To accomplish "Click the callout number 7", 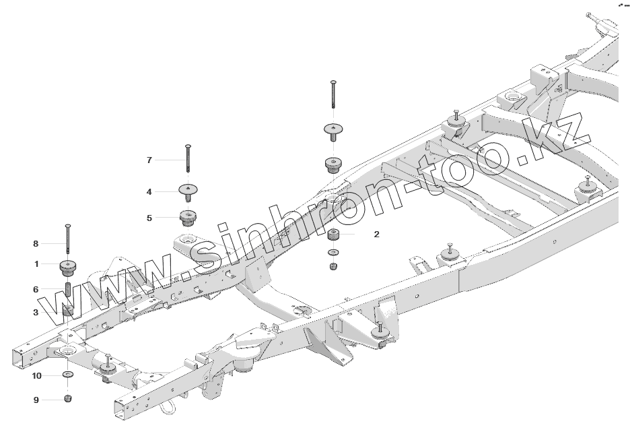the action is click(149, 160).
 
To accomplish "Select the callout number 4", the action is click(149, 192).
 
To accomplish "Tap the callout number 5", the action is click(149, 218).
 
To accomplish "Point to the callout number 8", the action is click(36, 243).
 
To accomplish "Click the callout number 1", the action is click(36, 263).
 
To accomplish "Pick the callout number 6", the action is click(36, 288).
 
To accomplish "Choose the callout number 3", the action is click(36, 312).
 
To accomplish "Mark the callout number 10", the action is click(37, 375).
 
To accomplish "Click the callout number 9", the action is click(36, 400).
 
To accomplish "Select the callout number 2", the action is click(376, 235).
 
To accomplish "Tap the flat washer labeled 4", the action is click(188, 190).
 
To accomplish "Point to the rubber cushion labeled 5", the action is click(188, 218).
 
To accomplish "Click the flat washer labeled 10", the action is click(69, 374).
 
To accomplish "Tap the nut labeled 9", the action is click(69, 400).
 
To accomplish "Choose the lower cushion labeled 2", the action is click(333, 236).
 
